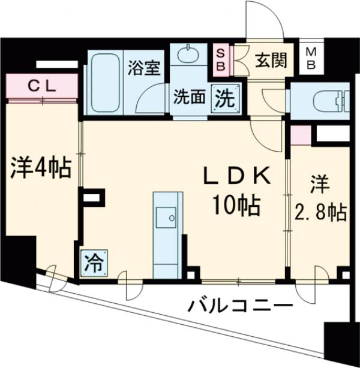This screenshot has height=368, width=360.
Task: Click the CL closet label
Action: pos(42,85)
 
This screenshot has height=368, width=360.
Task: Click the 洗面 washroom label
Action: pos(190,96)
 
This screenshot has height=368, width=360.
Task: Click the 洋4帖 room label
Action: pos(40,167)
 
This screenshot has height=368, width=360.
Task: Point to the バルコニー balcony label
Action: pos(239,305)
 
